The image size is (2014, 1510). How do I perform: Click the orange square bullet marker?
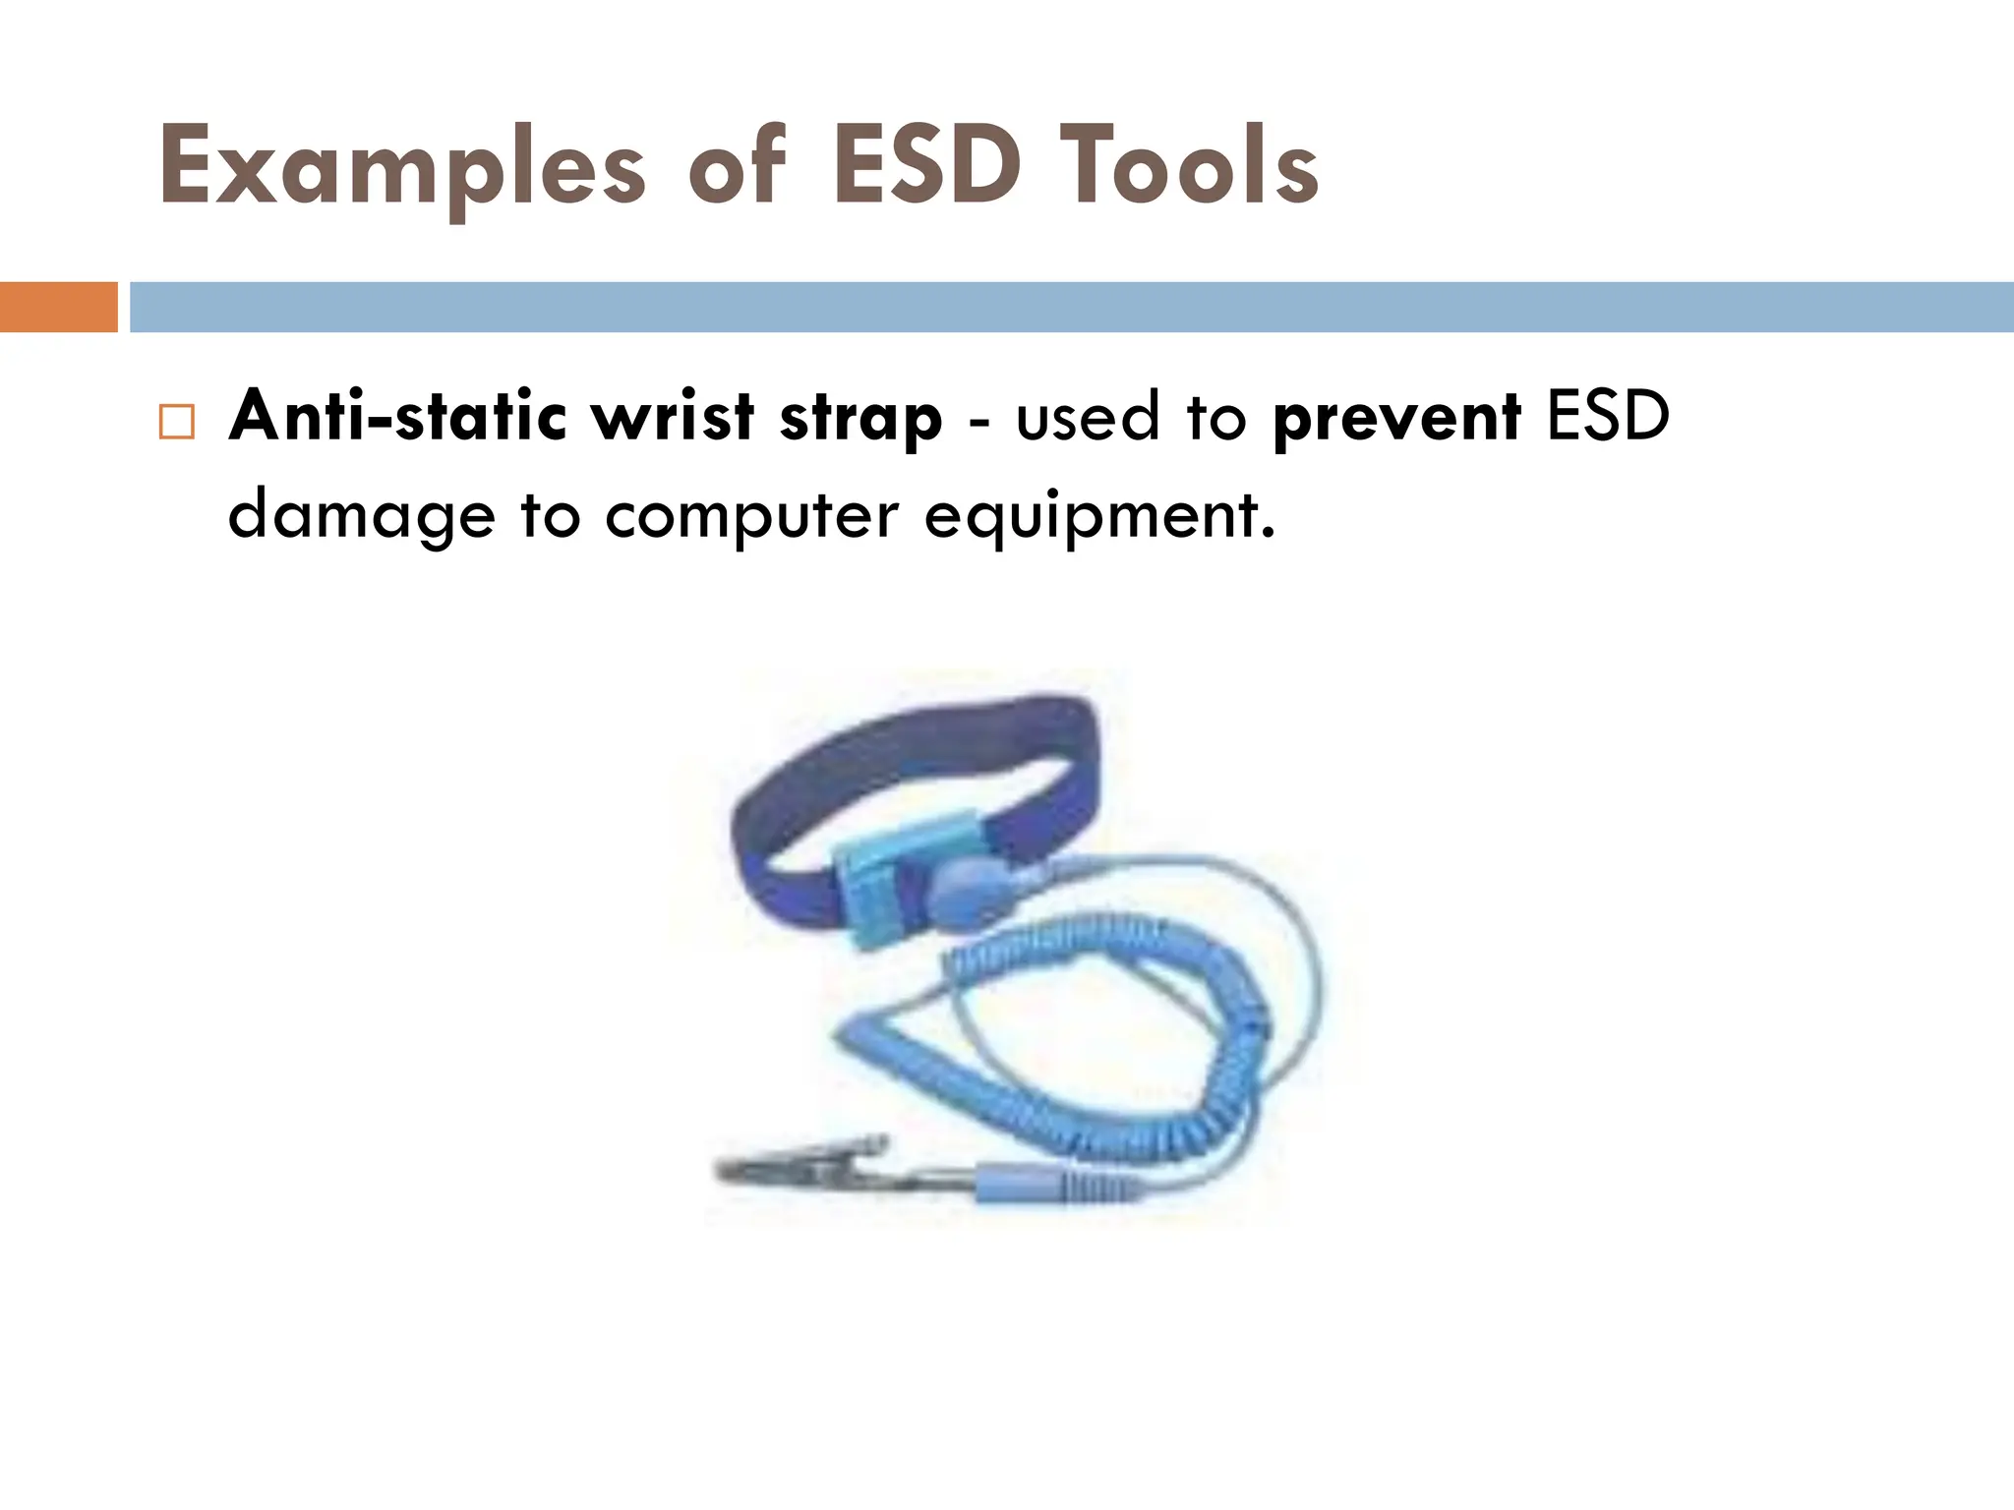coord(177,422)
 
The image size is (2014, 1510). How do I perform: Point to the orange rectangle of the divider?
coord(58,307)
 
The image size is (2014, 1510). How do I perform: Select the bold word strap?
coord(860,418)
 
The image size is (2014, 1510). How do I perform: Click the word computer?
coord(751,515)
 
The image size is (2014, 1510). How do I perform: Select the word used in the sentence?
coord(1087,417)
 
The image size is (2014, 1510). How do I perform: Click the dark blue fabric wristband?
coord(915,757)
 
